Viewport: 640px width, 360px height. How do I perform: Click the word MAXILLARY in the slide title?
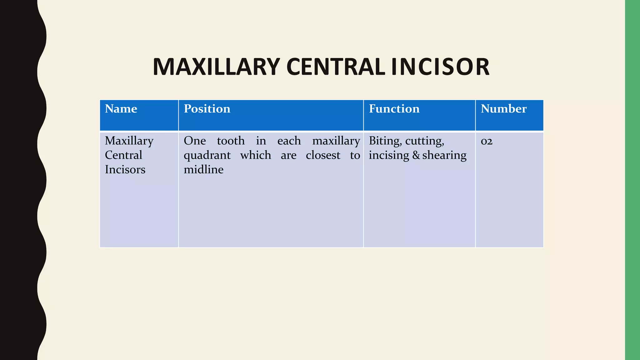pos(216,67)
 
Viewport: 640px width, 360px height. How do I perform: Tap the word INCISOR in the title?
pos(440,67)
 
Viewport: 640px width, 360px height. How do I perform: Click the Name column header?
pos(121,109)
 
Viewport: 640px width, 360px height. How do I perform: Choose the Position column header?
pos(207,109)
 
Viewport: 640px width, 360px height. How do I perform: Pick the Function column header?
pos(394,109)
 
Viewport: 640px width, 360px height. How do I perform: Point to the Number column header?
pos(503,109)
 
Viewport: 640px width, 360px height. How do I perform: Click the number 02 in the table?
pos(487,141)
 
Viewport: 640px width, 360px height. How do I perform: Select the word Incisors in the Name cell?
pos(125,169)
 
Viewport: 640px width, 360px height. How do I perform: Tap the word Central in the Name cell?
pos(123,155)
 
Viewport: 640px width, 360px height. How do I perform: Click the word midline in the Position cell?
pos(203,169)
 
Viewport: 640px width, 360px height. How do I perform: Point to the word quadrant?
pos(207,155)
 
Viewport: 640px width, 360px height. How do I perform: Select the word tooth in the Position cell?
pos(231,141)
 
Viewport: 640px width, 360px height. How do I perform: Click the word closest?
pos(323,155)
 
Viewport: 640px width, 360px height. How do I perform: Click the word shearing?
pos(444,155)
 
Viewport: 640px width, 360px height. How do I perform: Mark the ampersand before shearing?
pos(416,155)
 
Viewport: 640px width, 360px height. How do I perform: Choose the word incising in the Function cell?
pos(389,155)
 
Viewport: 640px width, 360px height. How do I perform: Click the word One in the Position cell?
pos(195,141)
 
